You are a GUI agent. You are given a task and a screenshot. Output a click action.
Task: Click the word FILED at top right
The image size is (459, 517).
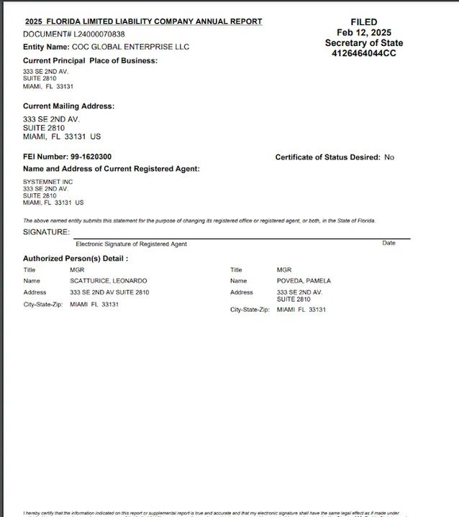(x=363, y=22)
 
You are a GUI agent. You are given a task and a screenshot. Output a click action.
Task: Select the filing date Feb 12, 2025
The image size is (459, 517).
(x=363, y=32)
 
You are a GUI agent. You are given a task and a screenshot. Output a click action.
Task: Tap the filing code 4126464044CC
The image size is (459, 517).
(x=363, y=53)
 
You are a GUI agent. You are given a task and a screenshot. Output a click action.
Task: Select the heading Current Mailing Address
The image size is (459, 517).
(x=68, y=106)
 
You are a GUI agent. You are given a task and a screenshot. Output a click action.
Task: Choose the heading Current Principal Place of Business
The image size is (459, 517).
(x=90, y=60)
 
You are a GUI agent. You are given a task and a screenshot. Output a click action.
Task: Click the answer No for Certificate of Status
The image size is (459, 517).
(x=389, y=157)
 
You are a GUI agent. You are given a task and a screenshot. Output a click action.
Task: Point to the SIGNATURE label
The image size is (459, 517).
(x=46, y=232)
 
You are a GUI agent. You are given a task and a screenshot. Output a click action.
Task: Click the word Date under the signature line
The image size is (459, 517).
(x=388, y=243)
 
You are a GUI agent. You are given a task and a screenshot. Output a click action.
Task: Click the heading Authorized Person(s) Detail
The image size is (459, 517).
(x=76, y=258)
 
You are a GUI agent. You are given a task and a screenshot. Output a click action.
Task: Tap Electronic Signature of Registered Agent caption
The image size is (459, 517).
(x=131, y=244)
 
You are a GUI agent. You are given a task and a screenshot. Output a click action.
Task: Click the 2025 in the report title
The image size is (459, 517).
(x=35, y=22)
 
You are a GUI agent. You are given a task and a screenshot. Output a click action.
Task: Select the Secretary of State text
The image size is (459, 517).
(x=363, y=43)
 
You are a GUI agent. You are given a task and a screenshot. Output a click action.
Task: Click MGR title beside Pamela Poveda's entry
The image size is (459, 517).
(x=284, y=270)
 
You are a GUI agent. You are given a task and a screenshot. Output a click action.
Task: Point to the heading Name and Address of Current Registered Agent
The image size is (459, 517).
(x=112, y=169)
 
